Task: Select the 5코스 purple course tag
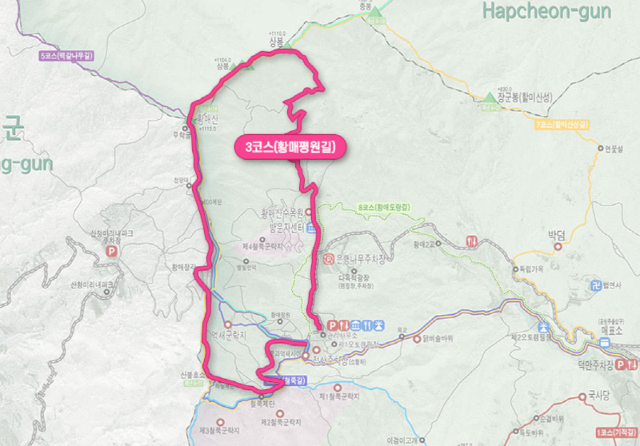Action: point(66,56)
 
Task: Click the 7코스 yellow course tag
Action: point(562,125)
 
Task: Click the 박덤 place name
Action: point(556,236)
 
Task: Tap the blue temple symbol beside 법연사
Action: point(594,285)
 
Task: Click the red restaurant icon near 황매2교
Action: point(472,241)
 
